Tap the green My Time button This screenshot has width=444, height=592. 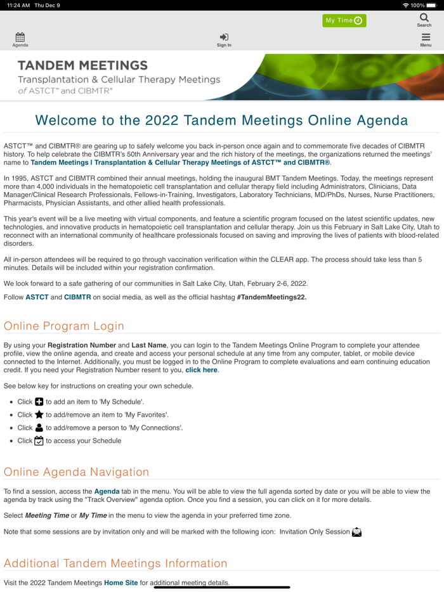[x=344, y=20]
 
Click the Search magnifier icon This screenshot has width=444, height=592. [x=424, y=20]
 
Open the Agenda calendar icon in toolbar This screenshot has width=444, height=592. [x=20, y=40]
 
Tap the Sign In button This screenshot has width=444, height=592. [x=224, y=40]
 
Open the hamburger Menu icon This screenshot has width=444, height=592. [x=426, y=40]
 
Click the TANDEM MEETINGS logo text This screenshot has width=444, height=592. [x=82, y=65]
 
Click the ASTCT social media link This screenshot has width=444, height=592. [x=37, y=297]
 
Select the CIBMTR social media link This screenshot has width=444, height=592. [x=77, y=297]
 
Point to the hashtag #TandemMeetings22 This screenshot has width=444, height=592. [x=271, y=297]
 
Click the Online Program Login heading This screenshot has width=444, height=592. [x=64, y=326]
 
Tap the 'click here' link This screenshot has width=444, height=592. [x=201, y=370]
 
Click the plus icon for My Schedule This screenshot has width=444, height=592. [x=39, y=402]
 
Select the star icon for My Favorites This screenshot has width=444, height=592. [x=39, y=415]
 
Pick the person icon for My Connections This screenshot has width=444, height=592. [x=39, y=428]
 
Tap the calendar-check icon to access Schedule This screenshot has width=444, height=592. [x=39, y=441]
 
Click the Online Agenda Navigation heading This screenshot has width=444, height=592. [x=77, y=472]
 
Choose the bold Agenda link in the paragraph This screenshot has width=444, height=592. [x=107, y=491]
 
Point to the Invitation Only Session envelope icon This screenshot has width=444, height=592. [x=357, y=532]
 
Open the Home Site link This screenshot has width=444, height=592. [x=121, y=582]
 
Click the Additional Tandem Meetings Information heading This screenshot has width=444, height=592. [x=115, y=563]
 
